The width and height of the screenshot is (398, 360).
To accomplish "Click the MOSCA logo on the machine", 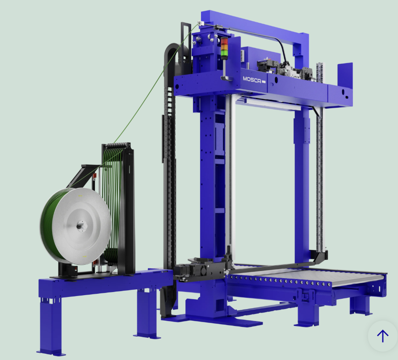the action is click(x=252, y=80).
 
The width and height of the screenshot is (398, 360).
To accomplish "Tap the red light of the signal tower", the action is click(x=224, y=41).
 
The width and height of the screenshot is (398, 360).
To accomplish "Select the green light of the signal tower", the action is click(x=224, y=53).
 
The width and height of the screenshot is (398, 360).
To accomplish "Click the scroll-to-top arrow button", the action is click(x=383, y=336).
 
